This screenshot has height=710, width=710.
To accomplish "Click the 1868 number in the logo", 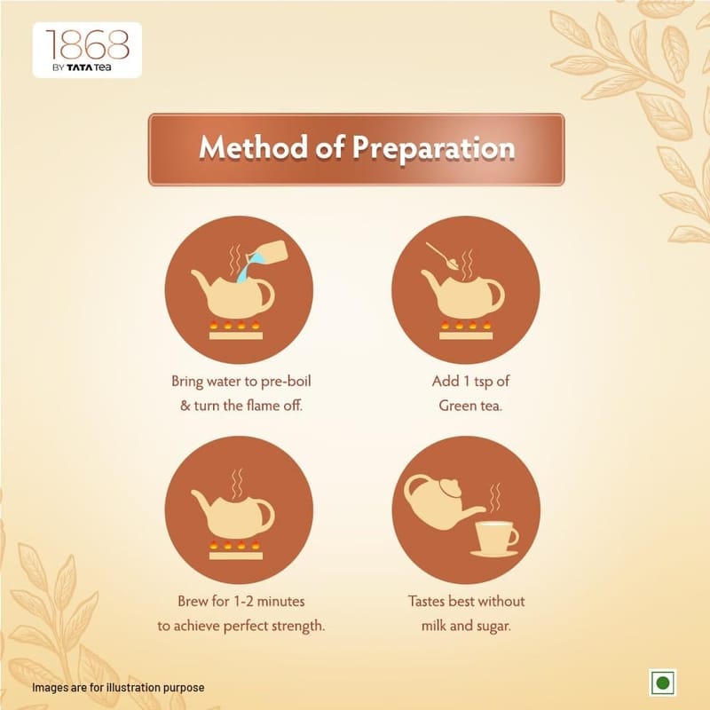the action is point(87,45).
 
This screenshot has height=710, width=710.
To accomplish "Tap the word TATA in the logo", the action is point(80,68).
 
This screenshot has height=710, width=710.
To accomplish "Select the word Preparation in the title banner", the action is point(434,149).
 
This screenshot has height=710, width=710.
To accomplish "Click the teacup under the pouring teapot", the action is point(494,539).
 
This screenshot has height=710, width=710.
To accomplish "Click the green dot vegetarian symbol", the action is point(663,682).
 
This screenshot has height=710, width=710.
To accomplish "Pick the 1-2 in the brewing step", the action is point(243,602).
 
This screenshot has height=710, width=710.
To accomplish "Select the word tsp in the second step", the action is point(484,382).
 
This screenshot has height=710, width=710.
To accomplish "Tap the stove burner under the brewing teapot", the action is point(236,550).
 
